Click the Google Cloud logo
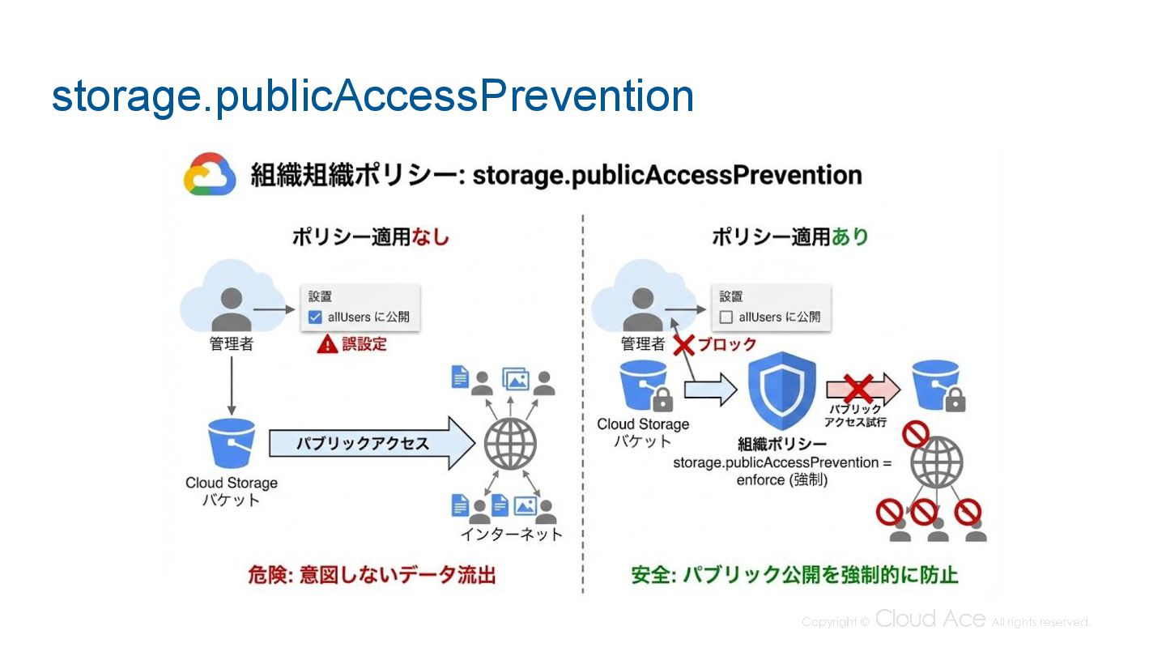pyautogui.click(x=210, y=174)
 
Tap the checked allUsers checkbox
pyautogui.click(x=316, y=317)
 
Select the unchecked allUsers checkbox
pyautogui.click(x=726, y=317)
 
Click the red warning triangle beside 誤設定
pyautogui.click(x=327, y=344)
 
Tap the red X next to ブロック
pyautogui.click(x=684, y=344)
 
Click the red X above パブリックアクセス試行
pyautogui.click(x=857, y=388)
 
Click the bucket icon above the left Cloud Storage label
pyautogui.click(x=232, y=444)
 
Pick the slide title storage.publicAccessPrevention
pyautogui.click(x=372, y=96)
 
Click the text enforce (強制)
pyautogui.click(x=781, y=479)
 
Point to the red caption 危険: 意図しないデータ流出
pyautogui.click(x=372, y=575)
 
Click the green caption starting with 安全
pyautogui.click(x=794, y=575)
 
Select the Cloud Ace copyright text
pyautogui.click(x=946, y=621)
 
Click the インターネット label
pyautogui.click(x=511, y=535)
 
